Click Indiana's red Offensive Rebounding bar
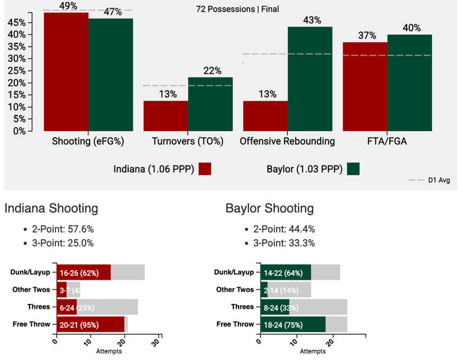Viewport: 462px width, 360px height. click(x=265, y=116)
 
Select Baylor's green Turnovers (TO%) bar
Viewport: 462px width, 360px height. click(x=210, y=104)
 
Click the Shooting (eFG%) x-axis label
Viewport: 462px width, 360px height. click(x=88, y=141)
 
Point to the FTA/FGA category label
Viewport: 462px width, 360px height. click(x=387, y=141)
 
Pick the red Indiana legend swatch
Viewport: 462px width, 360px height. click(x=204, y=169)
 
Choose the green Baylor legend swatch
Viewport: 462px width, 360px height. click(x=353, y=169)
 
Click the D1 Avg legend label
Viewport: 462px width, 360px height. click(x=439, y=180)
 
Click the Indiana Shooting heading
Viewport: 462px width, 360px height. click(x=51, y=209)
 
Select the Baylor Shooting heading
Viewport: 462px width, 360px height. click(x=270, y=209)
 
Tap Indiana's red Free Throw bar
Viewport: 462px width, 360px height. click(x=90, y=325)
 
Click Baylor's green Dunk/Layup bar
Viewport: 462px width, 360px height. click(x=286, y=273)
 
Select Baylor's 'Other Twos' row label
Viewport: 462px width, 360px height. click(x=234, y=290)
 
